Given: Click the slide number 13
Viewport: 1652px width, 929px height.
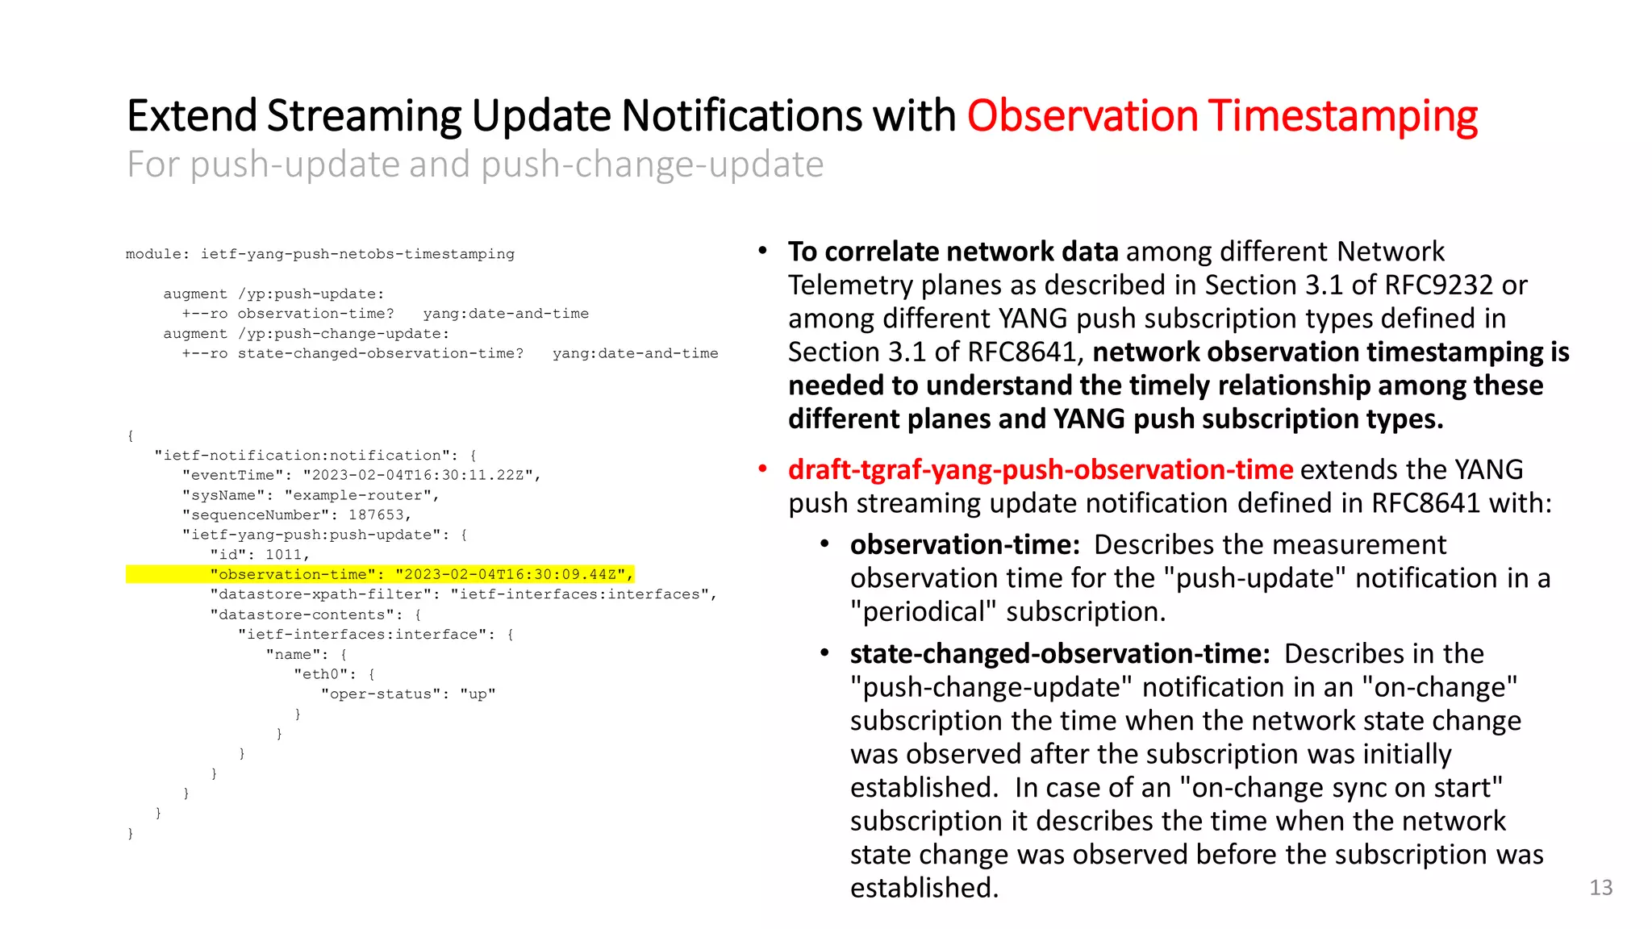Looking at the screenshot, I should pyautogui.click(x=1600, y=888).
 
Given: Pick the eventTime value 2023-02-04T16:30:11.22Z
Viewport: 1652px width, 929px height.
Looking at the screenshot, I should pyautogui.click(x=419, y=475).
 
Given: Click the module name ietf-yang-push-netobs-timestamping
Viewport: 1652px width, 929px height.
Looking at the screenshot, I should pyautogui.click(x=357, y=254).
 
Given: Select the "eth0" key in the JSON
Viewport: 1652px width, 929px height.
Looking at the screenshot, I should pyautogui.click(x=320, y=674).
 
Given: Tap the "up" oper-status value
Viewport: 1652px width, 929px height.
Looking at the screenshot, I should pyautogui.click(x=478, y=694).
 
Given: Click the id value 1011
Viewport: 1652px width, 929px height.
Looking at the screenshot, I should pyautogui.click(x=285, y=555).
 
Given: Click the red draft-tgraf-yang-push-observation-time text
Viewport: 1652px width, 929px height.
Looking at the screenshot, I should pyautogui.click(x=1041, y=469).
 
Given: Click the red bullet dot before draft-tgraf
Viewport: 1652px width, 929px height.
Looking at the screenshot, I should pyautogui.click(x=762, y=469).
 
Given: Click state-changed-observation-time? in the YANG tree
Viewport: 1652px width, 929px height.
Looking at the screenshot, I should pyautogui.click(x=380, y=353).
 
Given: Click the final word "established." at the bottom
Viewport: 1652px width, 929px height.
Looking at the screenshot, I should pyautogui.click(x=924, y=888).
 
